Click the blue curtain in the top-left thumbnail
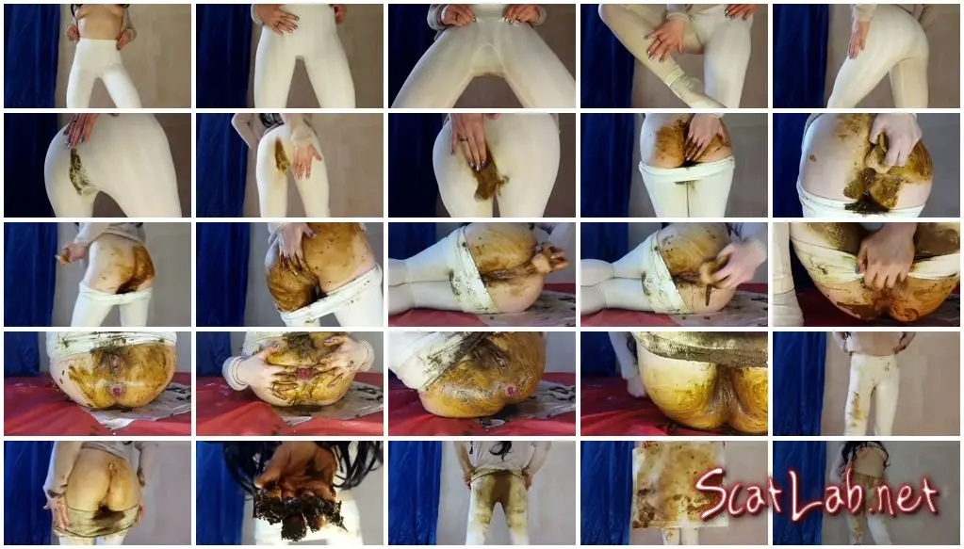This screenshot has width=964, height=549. coord(31,56)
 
